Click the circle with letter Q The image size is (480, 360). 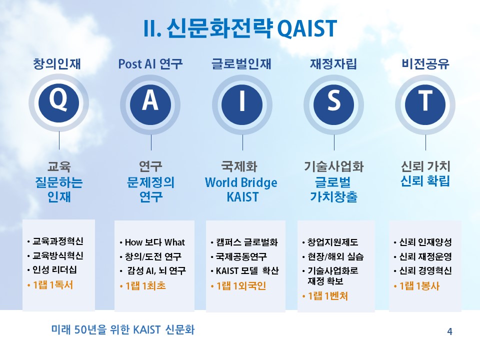click(x=58, y=103)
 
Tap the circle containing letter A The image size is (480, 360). click(x=150, y=104)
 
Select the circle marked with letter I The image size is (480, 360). click(x=242, y=104)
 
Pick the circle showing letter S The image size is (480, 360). click(x=333, y=104)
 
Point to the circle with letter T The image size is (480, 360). click(x=425, y=104)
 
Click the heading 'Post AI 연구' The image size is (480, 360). click(x=150, y=64)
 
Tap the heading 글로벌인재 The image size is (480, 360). click(x=241, y=64)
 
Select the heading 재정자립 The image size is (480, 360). click(x=333, y=64)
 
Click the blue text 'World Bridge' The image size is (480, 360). click(x=241, y=182)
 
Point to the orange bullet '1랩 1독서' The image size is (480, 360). click(x=53, y=285)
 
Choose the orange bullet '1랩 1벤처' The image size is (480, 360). click(x=328, y=296)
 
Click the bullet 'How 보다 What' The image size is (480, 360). click(x=154, y=242)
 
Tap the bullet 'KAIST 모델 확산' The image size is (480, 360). click(x=247, y=270)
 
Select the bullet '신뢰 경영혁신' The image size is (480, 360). click(x=425, y=270)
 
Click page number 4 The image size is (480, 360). click(x=449, y=331)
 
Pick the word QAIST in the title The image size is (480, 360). click(x=306, y=28)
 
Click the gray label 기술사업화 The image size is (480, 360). click(x=333, y=166)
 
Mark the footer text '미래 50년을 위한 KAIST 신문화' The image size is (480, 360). click(x=123, y=329)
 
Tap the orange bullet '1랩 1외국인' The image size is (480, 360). click(x=241, y=286)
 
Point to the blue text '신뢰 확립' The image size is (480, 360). click(x=425, y=181)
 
